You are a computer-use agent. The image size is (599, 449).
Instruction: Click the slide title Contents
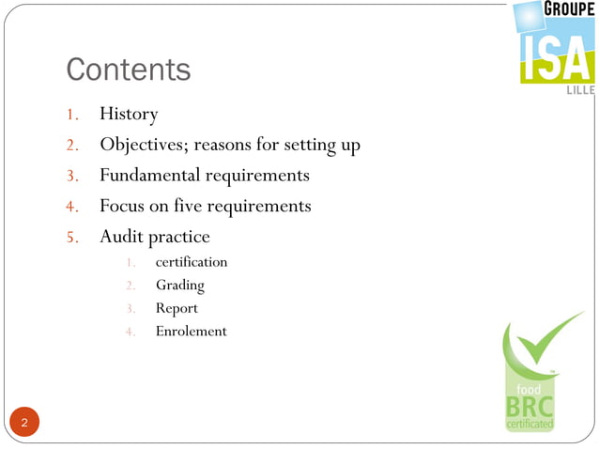[x=128, y=70]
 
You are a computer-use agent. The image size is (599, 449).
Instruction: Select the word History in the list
[x=129, y=115]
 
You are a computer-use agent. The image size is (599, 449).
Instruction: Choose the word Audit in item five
[x=121, y=236]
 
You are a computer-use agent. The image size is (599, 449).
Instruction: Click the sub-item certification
[x=192, y=262]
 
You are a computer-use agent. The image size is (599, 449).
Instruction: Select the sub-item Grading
[x=179, y=286]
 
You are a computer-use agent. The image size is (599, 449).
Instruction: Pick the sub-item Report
[x=177, y=308]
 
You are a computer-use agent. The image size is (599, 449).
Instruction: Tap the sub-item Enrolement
[x=191, y=332]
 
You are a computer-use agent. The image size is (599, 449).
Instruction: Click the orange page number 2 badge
[x=24, y=423]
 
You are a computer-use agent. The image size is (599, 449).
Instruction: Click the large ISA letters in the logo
[x=557, y=58]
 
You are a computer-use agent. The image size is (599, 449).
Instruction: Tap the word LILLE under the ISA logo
[x=579, y=92]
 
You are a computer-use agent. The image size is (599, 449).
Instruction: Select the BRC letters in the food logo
[x=530, y=407]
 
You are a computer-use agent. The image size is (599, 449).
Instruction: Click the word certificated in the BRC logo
[x=530, y=425]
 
